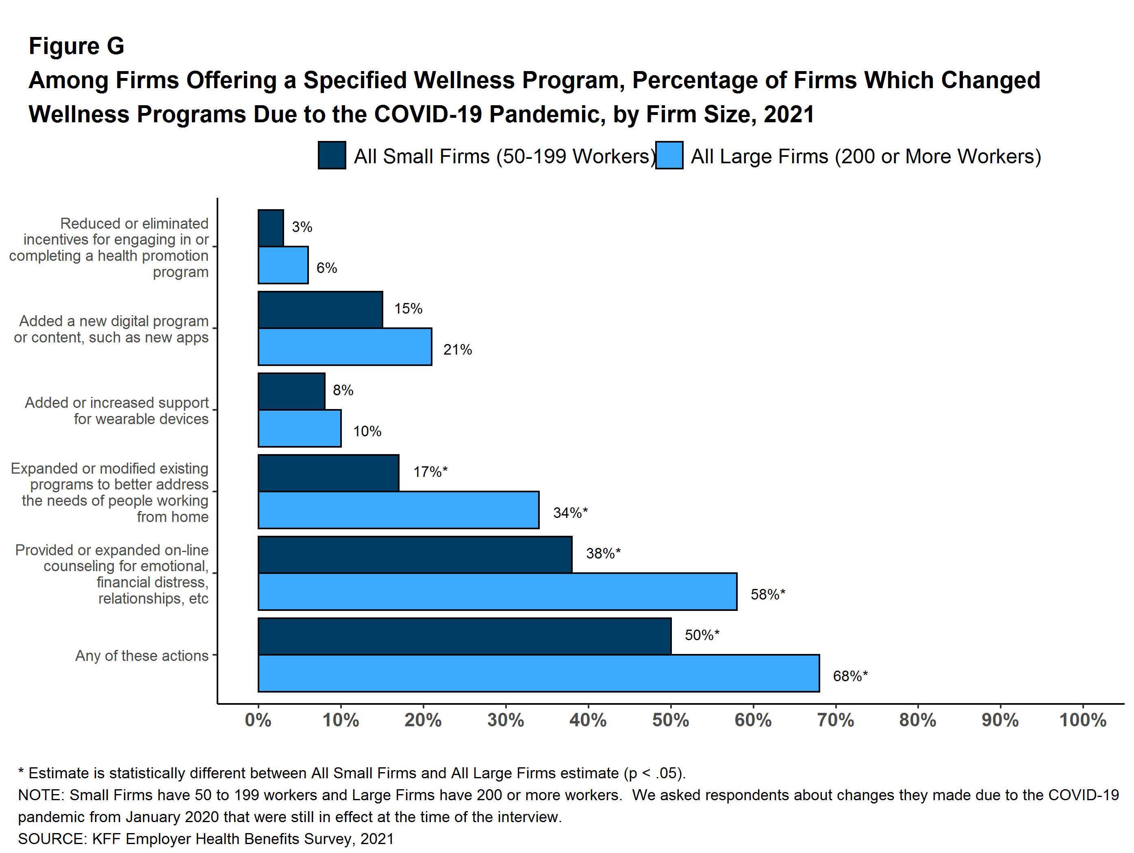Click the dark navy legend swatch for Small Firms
(332, 155)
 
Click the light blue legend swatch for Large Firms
(669, 155)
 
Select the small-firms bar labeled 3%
(271, 228)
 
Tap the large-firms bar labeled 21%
(345, 347)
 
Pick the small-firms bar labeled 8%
(291, 392)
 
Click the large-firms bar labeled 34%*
(398, 510)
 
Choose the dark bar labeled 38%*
(415, 555)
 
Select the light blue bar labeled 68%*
(538, 673)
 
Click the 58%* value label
(767, 594)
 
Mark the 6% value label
(326, 268)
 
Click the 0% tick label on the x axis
(258, 720)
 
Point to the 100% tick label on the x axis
(1083, 720)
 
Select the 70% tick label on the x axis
(835, 720)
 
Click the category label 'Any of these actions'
(141, 656)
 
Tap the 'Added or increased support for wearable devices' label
(117, 411)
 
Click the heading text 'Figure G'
(76, 46)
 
